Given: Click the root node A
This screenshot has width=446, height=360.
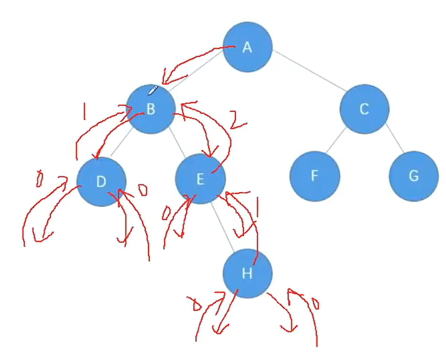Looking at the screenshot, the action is pyautogui.click(x=247, y=47).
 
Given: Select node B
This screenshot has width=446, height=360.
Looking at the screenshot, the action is pyautogui.click(x=151, y=109).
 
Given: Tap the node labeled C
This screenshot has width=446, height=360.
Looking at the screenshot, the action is pyautogui.click(x=364, y=109).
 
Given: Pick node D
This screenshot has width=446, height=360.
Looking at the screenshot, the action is pyautogui.click(x=101, y=182).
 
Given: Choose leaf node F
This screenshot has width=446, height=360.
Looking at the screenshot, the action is pyautogui.click(x=314, y=176).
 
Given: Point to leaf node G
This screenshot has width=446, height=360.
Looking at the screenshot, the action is pyautogui.click(x=413, y=176).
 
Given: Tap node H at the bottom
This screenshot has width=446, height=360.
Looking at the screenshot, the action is pyautogui.click(x=247, y=273).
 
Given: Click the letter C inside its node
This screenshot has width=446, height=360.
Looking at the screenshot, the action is pyautogui.click(x=364, y=109).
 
